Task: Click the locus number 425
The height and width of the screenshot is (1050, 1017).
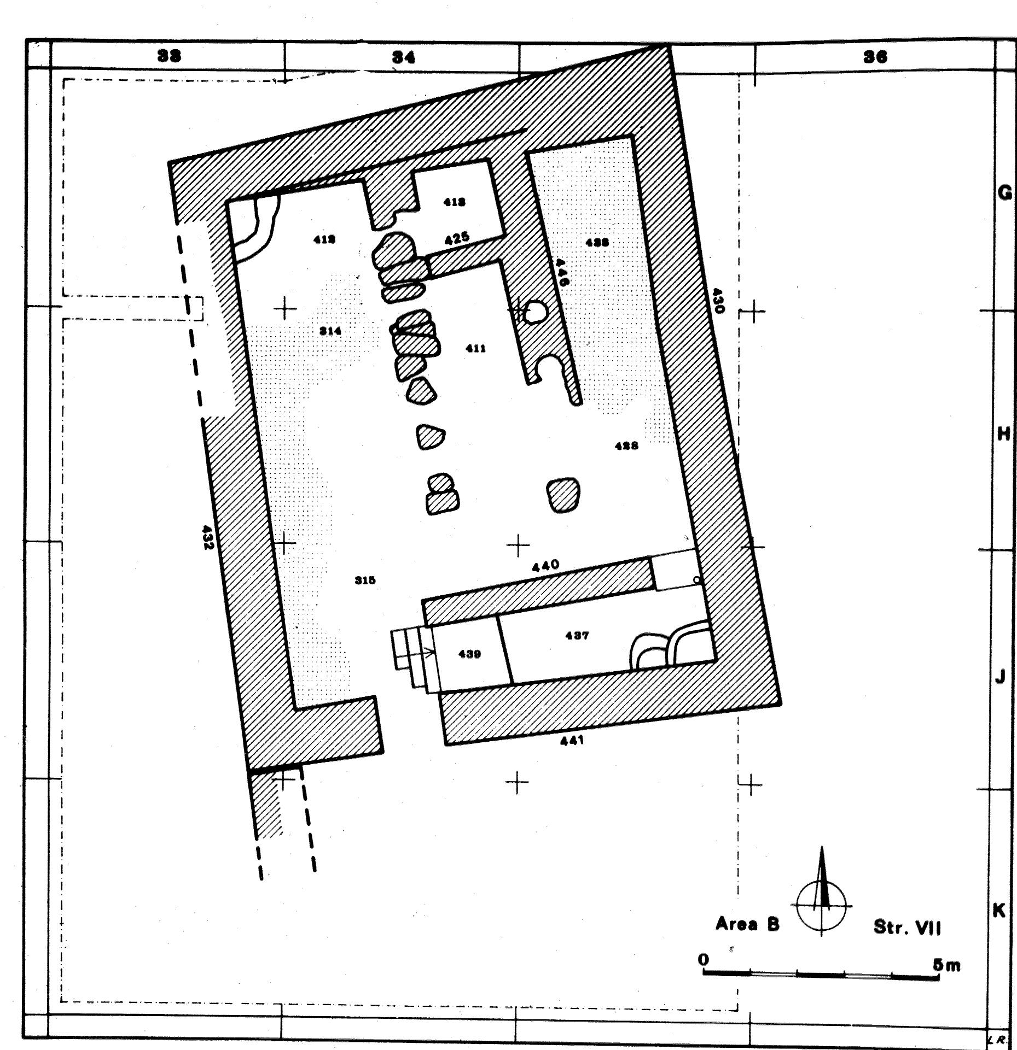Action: coord(456,238)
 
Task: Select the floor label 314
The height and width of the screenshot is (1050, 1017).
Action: coord(331,331)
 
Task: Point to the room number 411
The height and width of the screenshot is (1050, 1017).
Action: coord(475,348)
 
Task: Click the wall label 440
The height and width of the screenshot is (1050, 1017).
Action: coord(545,566)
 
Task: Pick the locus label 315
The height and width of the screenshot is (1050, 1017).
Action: coord(365,580)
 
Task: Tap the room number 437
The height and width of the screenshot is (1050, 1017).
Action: coord(577,636)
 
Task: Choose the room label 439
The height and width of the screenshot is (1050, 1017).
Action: coord(469,654)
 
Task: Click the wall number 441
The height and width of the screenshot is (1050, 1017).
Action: coord(572,741)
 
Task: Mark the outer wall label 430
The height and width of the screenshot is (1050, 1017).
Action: coord(718,301)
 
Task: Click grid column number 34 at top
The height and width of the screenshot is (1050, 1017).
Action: coord(403,56)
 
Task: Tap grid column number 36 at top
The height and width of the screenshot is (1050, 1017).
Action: coord(875,56)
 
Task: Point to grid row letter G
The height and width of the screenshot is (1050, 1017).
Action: coord(1004,193)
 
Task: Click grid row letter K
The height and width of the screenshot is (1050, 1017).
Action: coord(999,910)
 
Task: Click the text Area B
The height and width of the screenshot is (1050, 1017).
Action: coord(747,925)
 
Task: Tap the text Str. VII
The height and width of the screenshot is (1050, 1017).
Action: coord(907,928)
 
